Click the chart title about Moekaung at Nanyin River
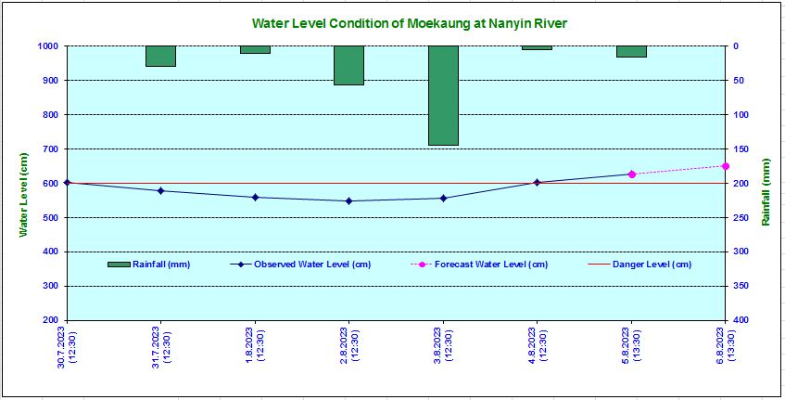coord(409,23)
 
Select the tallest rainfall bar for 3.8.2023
coord(443,96)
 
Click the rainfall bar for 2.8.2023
coord(348,65)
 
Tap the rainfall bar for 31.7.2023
coord(160,56)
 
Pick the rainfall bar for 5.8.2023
coord(631,51)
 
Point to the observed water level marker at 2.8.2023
coord(348,200)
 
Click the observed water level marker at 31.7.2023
coord(160,191)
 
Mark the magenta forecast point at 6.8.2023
coord(725,166)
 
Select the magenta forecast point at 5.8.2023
coord(631,174)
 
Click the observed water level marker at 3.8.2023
coord(443,198)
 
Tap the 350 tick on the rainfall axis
coord(742,286)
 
